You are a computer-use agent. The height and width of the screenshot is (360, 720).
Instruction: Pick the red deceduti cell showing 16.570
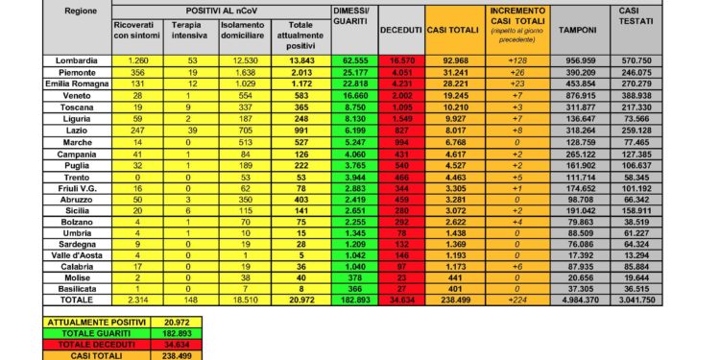click(x=395, y=60)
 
